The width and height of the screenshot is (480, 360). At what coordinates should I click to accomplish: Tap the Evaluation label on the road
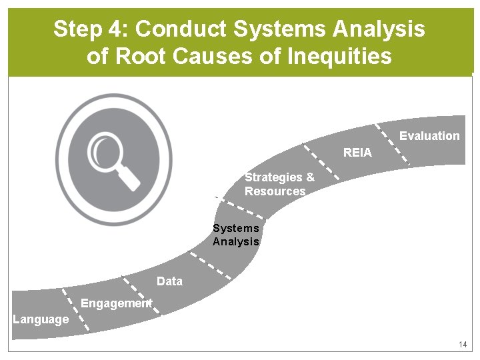(x=429, y=136)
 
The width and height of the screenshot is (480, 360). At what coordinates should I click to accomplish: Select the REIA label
(x=357, y=153)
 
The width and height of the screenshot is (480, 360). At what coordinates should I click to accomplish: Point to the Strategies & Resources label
(x=279, y=184)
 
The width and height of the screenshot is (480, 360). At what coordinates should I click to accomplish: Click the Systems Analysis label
(x=236, y=235)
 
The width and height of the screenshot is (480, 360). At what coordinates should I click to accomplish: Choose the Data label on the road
(x=169, y=281)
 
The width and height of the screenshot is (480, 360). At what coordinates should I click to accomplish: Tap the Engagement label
(x=116, y=303)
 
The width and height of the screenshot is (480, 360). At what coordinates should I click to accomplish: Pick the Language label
(x=41, y=319)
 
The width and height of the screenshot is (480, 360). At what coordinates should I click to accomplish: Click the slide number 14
(x=463, y=345)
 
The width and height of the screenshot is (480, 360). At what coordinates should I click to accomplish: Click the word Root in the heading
(x=141, y=56)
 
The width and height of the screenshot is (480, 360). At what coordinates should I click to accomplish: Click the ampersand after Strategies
(x=309, y=177)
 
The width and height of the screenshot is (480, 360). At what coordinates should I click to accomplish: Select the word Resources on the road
(x=275, y=191)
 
